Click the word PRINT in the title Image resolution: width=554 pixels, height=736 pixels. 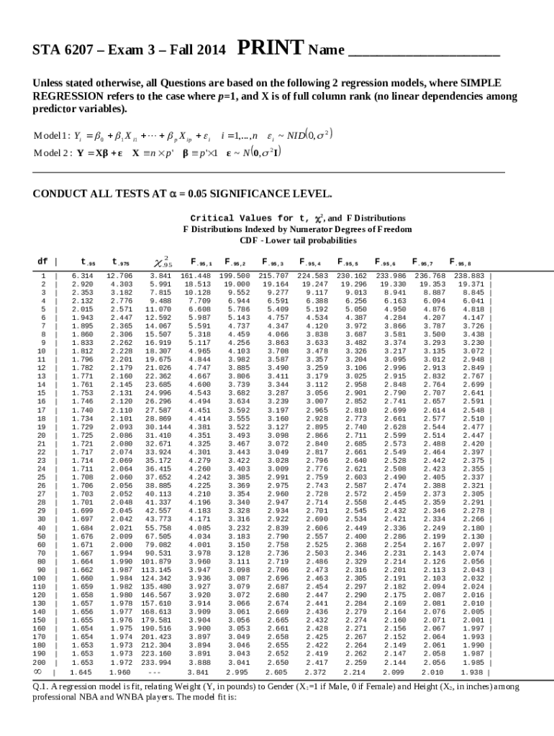pyautogui.click(x=270, y=49)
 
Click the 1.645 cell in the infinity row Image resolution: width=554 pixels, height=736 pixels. pyautogui.click(x=81, y=672)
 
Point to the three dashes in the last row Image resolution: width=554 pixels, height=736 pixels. pyautogui.click(x=153, y=672)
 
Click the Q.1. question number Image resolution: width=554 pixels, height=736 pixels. pyautogui.click(x=42, y=687)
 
